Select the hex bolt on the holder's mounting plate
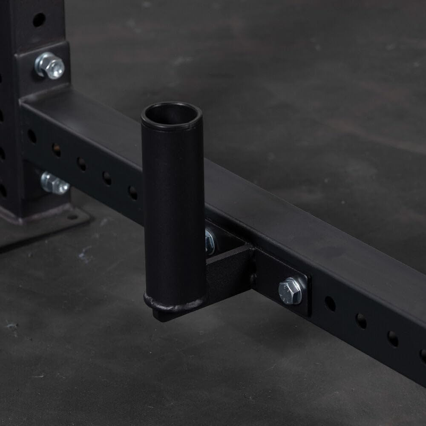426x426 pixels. point(291,291)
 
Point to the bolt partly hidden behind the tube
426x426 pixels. point(209,241)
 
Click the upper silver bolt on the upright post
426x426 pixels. point(50,66)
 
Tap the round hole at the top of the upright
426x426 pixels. point(39,19)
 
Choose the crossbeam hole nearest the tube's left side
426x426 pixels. point(133,193)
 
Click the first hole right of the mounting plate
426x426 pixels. point(330,304)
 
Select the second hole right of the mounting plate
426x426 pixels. point(361,321)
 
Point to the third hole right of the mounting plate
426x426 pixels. point(393,339)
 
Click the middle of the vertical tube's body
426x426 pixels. point(173,209)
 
